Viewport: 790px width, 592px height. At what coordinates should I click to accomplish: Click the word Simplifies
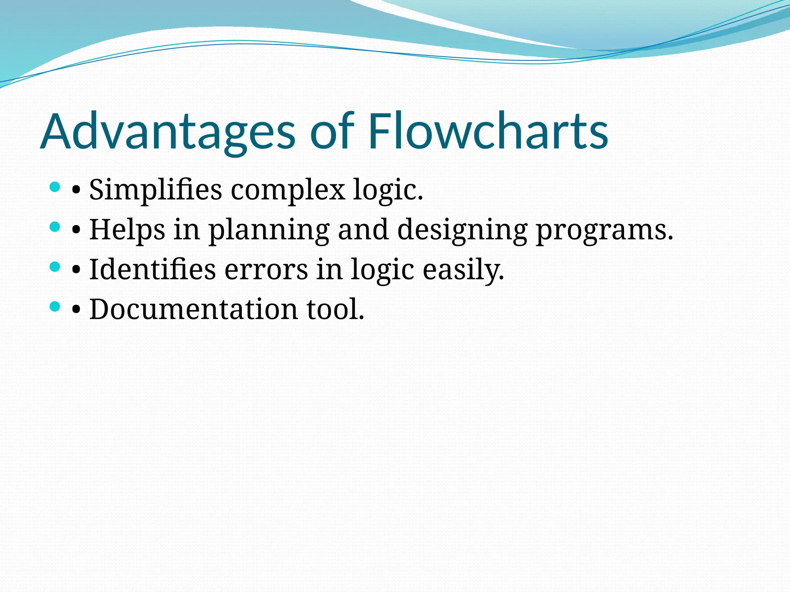point(155,190)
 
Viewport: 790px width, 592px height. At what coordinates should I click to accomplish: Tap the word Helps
point(127,230)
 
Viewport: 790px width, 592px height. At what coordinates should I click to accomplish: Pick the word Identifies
point(152,269)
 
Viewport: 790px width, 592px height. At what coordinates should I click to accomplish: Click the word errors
point(266,270)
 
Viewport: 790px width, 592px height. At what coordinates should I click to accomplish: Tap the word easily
point(463,270)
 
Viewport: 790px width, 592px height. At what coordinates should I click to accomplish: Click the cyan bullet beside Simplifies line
point(55,188)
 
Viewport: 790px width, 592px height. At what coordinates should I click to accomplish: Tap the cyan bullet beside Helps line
point(55,227)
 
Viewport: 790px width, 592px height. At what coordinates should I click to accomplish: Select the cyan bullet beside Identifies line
point(55,267)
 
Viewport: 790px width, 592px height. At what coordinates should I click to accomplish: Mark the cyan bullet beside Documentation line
point(55,306)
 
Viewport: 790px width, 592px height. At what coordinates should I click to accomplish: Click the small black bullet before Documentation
point(76,310)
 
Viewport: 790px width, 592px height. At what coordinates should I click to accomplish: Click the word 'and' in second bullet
point(363,230)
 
